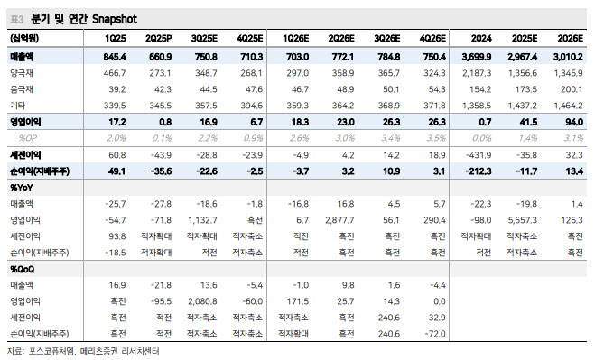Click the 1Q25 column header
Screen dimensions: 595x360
point(115,38)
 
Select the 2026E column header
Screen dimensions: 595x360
point(570,38)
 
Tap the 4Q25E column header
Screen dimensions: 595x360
point(250,38)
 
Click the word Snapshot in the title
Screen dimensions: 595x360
point(115,19)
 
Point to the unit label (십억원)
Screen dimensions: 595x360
point(24,38)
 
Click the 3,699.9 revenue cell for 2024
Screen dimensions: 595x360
point(477,57)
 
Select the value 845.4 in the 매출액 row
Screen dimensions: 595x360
point(115,57)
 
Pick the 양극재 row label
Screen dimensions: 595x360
point(22,73)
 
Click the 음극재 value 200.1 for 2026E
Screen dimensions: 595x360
point(572,89)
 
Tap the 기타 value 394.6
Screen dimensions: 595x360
point(252,106)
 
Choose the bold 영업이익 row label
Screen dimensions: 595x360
point(25,122)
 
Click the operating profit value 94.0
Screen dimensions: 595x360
point(574,122)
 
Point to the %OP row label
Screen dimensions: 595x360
point(27,138)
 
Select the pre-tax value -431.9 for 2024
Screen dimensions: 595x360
point(479,155)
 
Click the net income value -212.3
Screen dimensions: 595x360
point(479,171)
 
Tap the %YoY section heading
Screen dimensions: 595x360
point(22,188)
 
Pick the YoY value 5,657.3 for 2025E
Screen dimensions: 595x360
point(523,220)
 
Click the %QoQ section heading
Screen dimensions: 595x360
point(22,270)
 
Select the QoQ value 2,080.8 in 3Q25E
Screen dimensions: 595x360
point(202,301)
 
